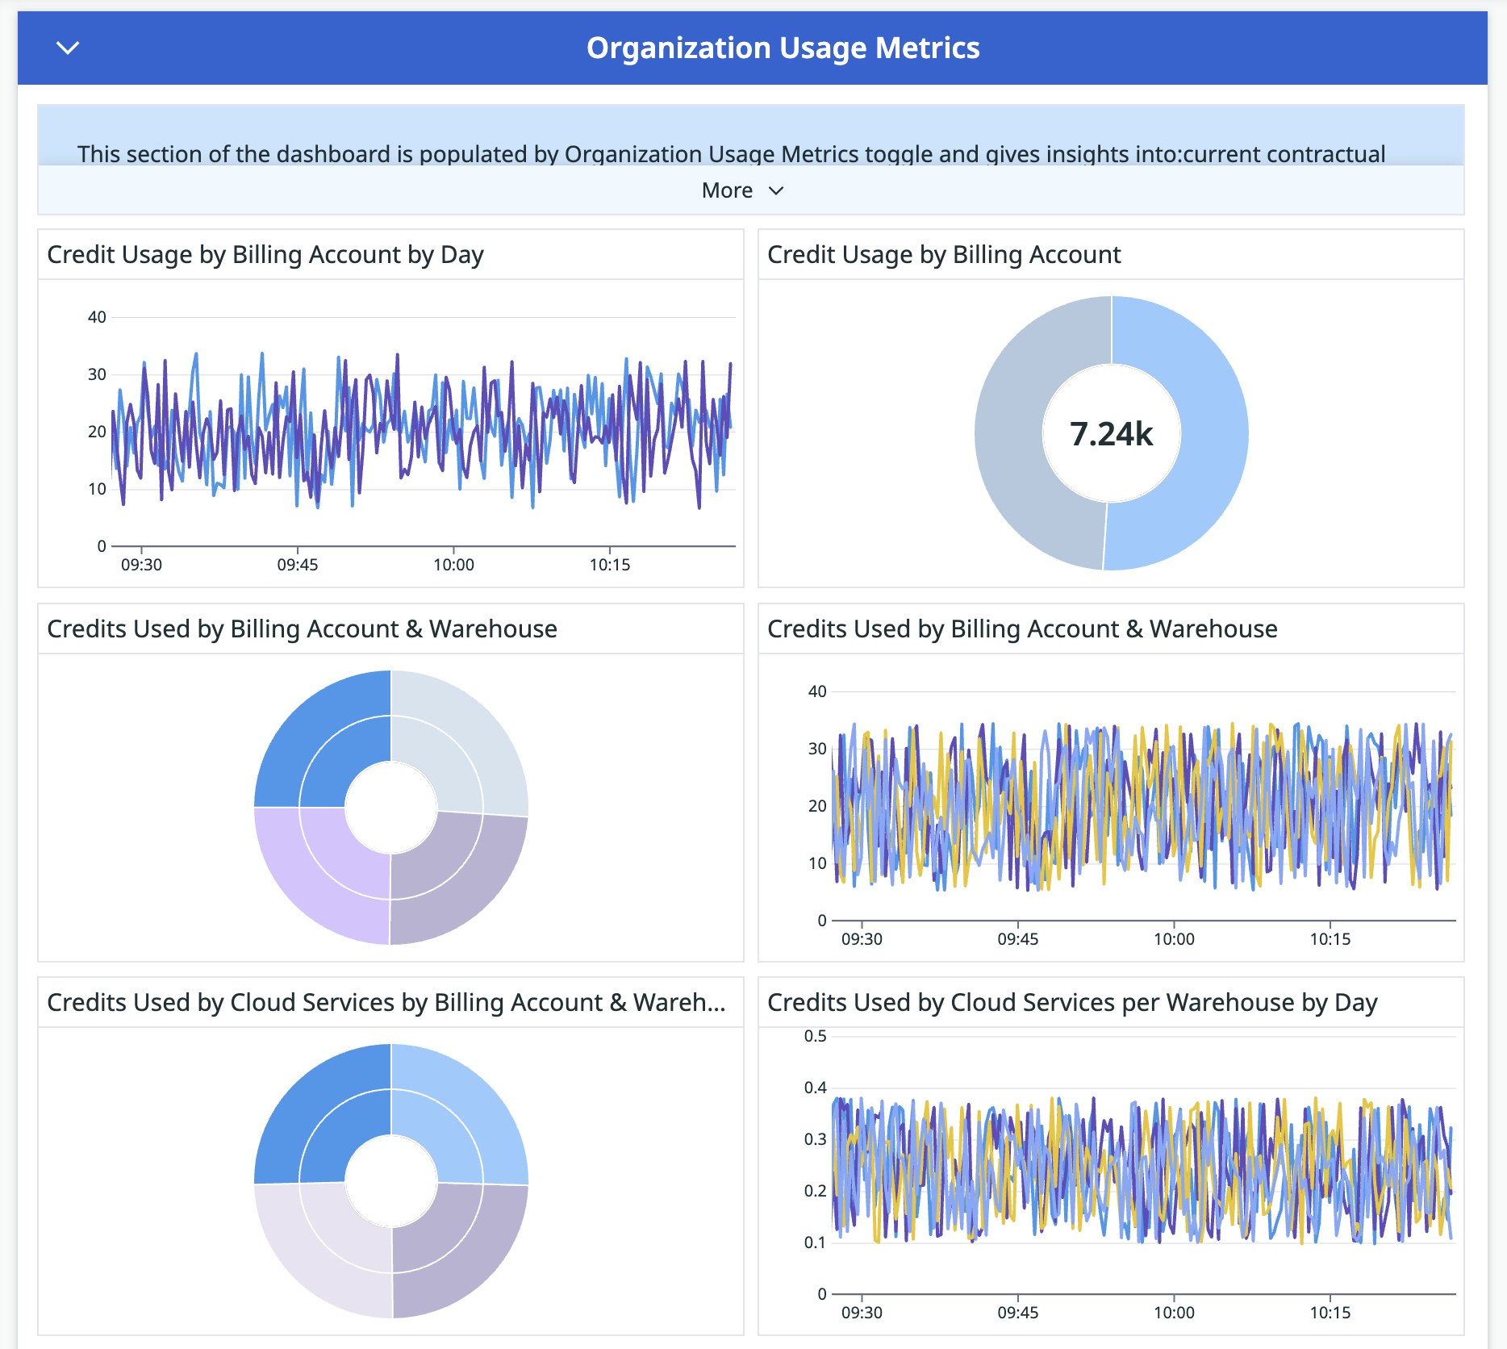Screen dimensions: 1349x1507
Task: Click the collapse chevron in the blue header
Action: click(x=69, y=48)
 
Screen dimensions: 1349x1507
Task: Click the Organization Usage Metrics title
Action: click(x=783, y=48)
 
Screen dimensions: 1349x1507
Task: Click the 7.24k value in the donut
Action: click(x=1111, y=434)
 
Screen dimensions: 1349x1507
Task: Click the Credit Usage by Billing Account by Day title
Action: click(x=265, y=255)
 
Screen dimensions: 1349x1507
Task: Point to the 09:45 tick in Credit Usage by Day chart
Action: click(x=298, y=565)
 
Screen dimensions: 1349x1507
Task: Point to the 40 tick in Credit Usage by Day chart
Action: click(x=97, y=317)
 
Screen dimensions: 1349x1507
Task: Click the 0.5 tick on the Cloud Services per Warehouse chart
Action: click(x=815, y=1036)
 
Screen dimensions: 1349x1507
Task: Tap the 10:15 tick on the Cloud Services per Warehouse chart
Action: click(x=1330, y=1313)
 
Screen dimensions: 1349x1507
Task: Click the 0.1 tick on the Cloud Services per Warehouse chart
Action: click(x=815, y=1242)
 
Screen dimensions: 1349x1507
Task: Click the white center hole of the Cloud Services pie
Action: click(x=391, y=1181)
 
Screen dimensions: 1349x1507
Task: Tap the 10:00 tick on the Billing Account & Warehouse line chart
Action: click(x=1174, y=939)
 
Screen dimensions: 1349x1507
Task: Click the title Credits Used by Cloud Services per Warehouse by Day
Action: click(x=1071, y=1003)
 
